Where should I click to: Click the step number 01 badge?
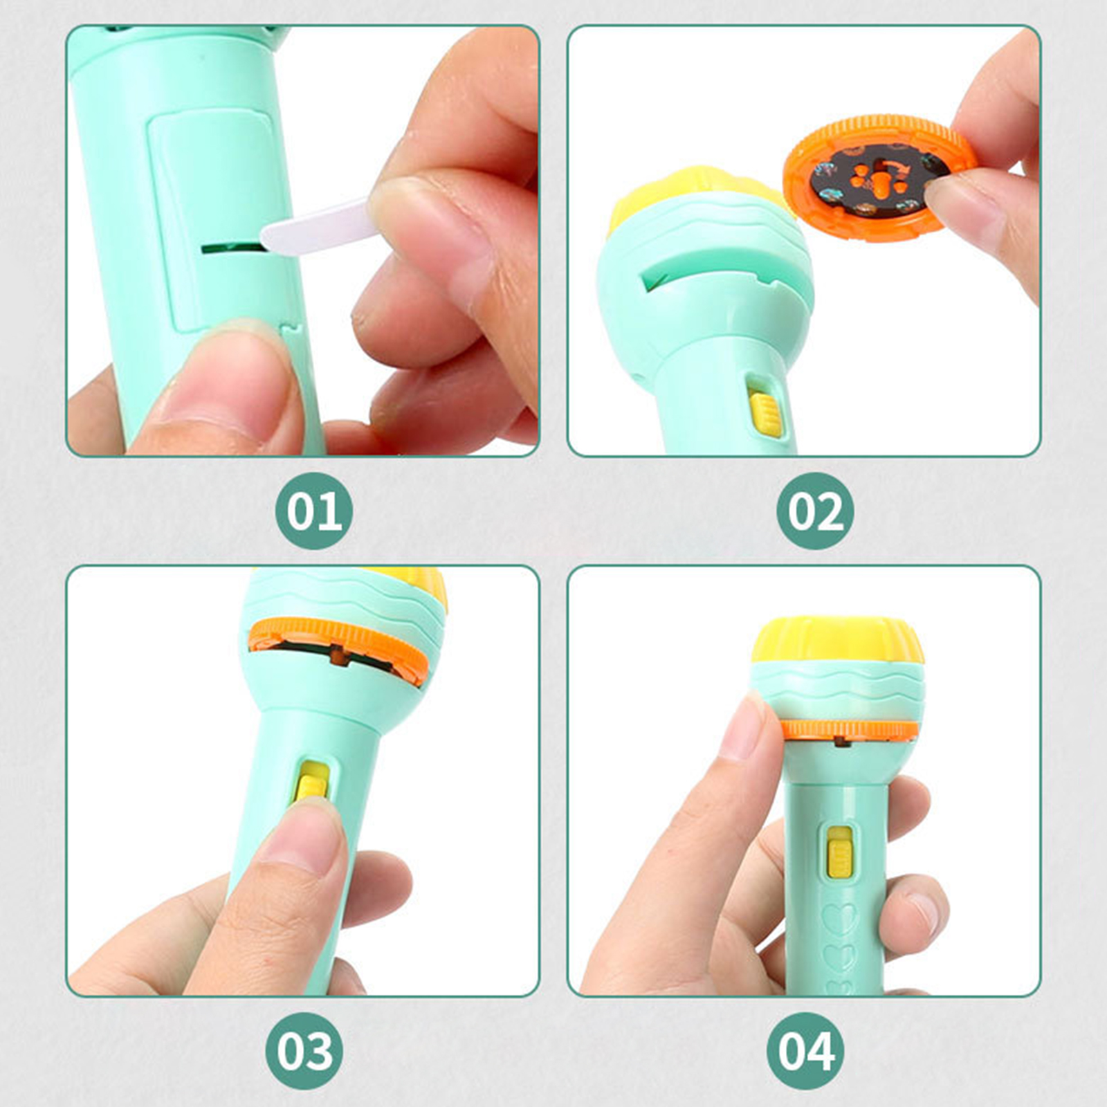click(314, 511)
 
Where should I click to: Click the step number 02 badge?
click(815, 511)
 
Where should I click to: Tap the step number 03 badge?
click(304, 1051)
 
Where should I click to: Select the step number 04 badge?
click(805, 1051)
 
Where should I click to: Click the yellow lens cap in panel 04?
click(839, 639)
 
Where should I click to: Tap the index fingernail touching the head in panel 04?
click(742, 726)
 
